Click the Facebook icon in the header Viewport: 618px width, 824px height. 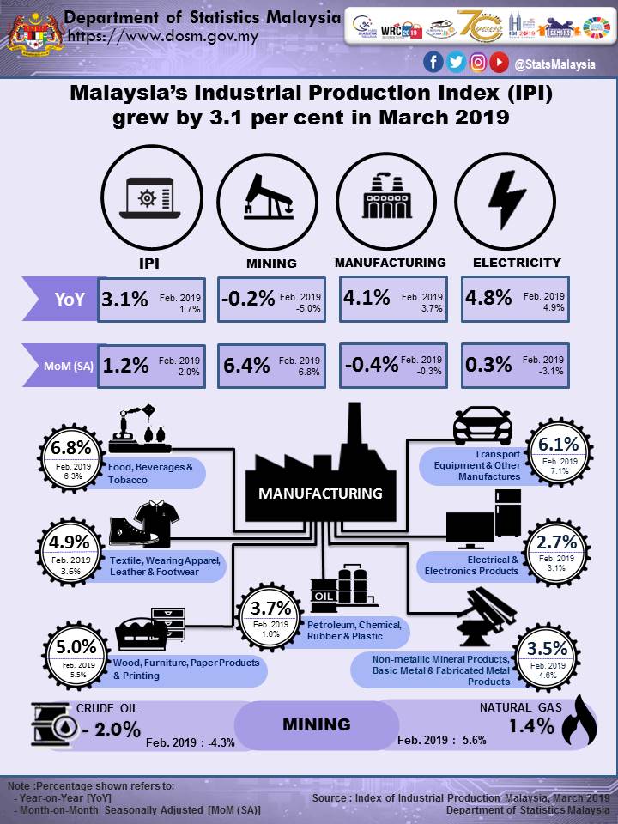[433, 62]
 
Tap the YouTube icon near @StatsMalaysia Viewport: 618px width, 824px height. [500, 62]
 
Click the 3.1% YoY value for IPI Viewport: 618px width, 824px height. [125, 300]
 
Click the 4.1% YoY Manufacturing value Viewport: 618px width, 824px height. [367, 300]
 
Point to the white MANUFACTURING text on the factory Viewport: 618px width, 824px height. [320, 494]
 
